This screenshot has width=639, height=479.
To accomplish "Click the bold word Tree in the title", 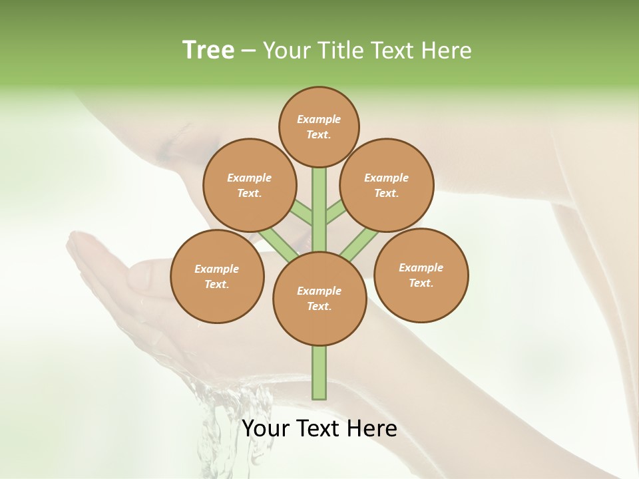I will point(208,50).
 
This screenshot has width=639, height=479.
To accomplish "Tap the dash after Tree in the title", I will point(249,51).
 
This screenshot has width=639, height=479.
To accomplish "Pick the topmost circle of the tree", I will point(319,126).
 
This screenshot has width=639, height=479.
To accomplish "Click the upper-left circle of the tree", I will point(250,185).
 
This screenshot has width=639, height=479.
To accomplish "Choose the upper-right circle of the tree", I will point(387,185).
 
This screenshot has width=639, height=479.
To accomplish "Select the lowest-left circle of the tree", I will point(217,276).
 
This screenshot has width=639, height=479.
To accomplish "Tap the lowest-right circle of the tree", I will point(421,275).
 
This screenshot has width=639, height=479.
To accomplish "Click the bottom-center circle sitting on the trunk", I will point(319,299).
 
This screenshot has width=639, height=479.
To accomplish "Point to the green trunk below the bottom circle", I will point(319,373).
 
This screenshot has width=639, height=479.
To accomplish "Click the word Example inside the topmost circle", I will point(319,119).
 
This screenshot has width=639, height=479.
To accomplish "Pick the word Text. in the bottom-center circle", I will point(319,306).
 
